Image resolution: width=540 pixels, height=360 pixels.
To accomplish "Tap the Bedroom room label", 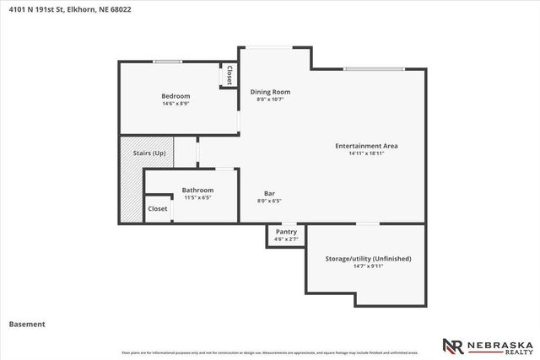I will (175, 96).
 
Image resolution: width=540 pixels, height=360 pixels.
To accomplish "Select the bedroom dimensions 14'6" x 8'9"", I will (175, 105).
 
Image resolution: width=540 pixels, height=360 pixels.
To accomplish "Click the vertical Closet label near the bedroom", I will (228, 75).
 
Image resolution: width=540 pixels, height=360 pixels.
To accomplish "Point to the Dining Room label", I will (270, 92).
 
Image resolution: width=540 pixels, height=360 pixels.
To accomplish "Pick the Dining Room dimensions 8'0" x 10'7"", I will (270, 99).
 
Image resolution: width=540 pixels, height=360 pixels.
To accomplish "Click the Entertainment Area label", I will (366, 146).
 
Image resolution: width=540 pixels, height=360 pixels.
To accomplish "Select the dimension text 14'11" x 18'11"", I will (366, 153).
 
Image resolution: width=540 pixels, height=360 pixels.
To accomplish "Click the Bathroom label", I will (197, 190).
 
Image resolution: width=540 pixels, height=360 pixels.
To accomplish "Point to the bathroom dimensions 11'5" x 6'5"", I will (197, 198).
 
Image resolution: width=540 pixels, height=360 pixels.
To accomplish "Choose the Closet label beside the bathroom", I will (158, 208).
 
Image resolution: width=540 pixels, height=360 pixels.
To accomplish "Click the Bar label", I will (269, 191).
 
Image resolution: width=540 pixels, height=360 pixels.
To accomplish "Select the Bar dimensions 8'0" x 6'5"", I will (269, 201).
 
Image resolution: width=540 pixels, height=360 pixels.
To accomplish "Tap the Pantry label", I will (286, 231).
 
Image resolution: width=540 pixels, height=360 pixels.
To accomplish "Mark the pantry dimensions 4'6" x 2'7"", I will (286, 239).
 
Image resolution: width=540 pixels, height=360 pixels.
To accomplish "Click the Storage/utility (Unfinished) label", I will (368, 257).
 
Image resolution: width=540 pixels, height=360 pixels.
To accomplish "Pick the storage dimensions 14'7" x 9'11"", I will (368, 266).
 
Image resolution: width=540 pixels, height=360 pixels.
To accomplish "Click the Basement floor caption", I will (27, 324).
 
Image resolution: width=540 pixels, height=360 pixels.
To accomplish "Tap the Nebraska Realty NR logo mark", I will (452, 345).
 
